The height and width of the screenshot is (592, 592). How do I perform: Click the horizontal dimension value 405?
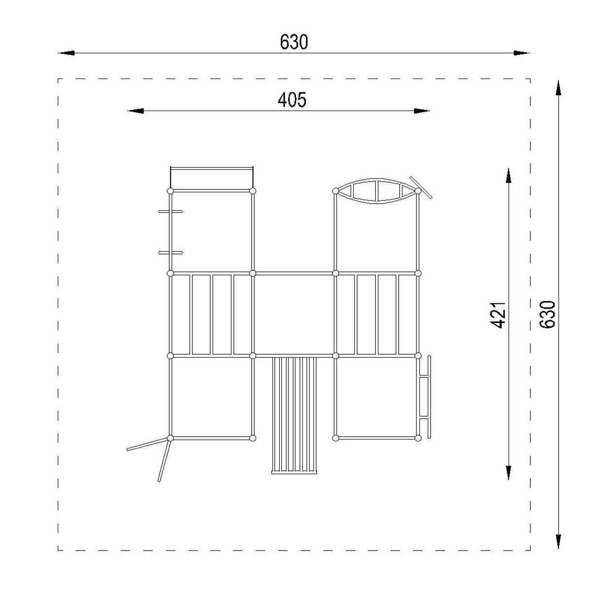292,100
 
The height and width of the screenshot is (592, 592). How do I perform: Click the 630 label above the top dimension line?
294,42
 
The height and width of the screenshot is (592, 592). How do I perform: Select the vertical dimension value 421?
497,315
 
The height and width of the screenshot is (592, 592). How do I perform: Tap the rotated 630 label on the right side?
547,315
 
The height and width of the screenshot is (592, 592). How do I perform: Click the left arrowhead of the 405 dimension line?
136,111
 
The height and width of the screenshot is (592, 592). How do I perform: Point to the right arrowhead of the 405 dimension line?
422,111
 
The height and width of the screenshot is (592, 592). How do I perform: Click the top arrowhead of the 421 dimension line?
509,176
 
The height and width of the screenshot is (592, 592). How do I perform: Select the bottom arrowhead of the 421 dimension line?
509,473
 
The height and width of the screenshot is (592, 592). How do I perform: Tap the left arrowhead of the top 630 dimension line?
66,53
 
